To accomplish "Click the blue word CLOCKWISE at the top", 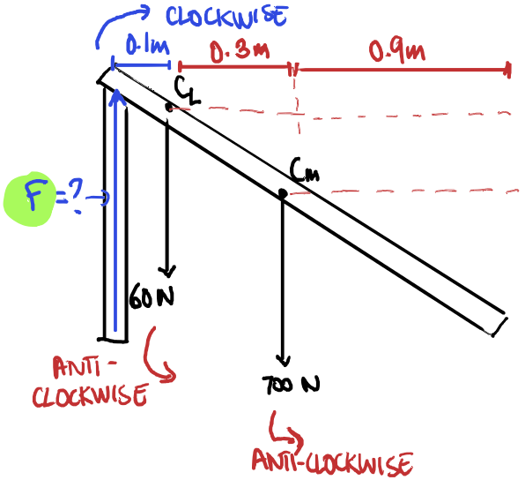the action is [x=226, y=16].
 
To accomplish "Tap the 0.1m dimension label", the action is [x=147, y=45].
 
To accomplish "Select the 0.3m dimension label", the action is [x=240, y=51].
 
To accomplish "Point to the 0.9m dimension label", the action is [x=396, y=51].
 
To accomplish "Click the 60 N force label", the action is [x=152, y=296].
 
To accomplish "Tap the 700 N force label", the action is [x=291, y=385].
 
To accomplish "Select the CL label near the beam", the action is [x=187, y=90].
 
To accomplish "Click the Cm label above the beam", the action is [x=305, y=170].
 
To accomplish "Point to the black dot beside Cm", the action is [x=283, y=193].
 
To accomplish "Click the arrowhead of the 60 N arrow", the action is [x=167, y=272].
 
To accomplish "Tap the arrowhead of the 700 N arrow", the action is [x=284, y=361].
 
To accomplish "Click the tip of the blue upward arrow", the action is [x=116, y=91].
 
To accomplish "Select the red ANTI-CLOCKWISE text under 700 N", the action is [x=332, y=464].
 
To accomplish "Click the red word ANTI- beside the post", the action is [x=85, y=367].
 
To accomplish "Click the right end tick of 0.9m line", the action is [x=508, y=70].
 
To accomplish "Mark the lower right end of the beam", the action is [x=492, y=335].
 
